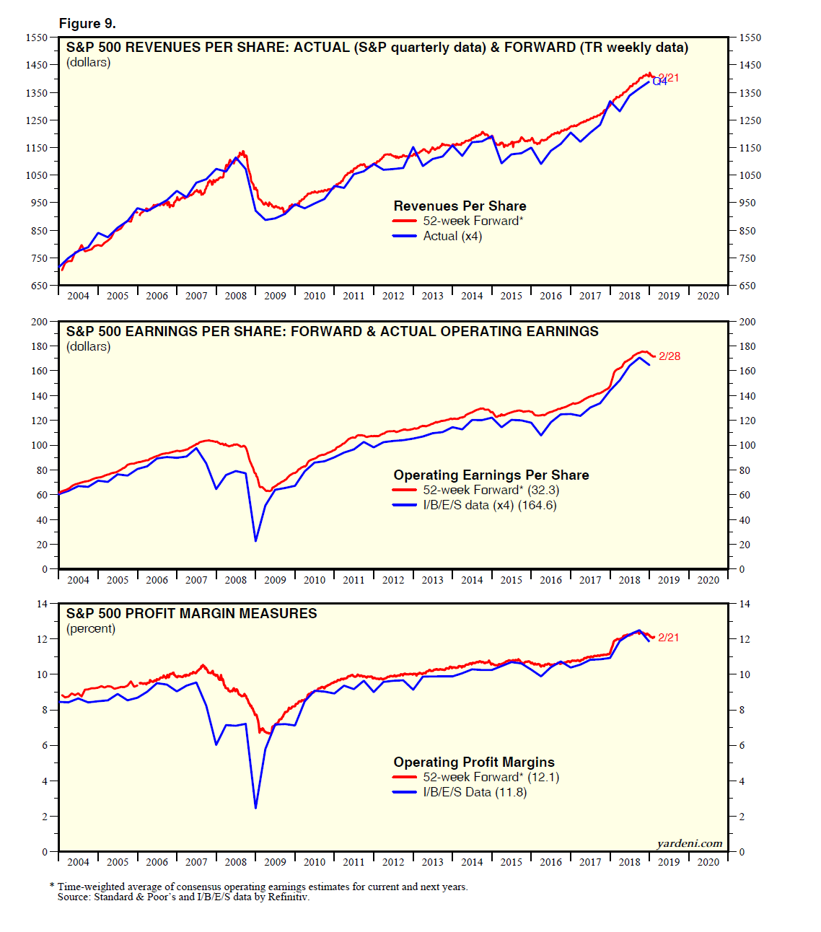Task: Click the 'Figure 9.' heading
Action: [x=87, y=23]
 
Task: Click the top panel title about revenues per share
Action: [x=377, y=48]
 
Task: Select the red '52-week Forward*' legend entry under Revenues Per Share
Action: [x=473, y=221]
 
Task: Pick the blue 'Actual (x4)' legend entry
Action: [x=452, y=236]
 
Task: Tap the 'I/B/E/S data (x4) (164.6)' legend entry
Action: [x=489, y=505]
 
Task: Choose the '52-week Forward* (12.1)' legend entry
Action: [x=491, y=777]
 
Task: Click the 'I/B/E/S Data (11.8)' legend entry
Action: [x=475, y=792]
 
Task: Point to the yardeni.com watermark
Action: [x=689, y=843]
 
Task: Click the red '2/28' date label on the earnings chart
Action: [x=669, y=356]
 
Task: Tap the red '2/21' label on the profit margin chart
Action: [x=668, y=638]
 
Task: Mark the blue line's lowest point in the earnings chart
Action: [x=255, y=540]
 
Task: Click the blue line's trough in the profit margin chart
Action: [x=255, y=807]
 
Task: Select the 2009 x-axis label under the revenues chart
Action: [x=275, y=296]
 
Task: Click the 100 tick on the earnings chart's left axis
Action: [x=38, y=445]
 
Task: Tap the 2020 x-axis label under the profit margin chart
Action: [x=708, y=862]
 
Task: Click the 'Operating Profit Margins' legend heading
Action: [x=474, y=762]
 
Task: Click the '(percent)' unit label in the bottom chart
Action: [x=91, y=628]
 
